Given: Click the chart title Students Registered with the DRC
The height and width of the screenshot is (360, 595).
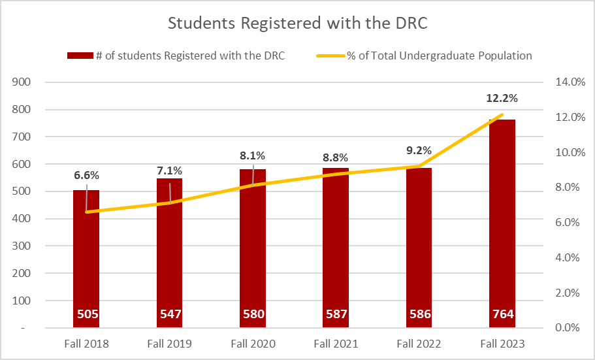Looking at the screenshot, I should coord(297,23).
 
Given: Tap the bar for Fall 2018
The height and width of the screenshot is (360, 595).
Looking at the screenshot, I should coord(86,261).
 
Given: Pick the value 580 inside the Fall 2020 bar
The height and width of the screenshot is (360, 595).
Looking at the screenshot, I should coord(252,314).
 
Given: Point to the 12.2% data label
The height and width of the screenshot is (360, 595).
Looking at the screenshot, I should coord(502,99).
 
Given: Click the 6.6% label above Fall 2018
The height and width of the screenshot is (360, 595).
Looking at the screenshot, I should coord(86,175).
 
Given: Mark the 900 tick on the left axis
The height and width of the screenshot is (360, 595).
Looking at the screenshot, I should coord(24,82).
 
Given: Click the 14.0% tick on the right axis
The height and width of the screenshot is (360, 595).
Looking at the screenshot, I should coord(567,82).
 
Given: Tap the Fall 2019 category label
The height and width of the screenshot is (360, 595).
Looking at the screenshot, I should coord(169,344).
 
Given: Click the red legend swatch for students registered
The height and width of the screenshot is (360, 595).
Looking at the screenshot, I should coord(80,56).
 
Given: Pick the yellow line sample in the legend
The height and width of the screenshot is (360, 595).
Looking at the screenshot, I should coord(330,56).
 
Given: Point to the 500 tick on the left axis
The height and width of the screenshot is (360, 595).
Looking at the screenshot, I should coord(24,191).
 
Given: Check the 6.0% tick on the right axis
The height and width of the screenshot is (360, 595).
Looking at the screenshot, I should coord(567,223).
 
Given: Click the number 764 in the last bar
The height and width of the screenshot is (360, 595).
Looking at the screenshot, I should coord(502,314).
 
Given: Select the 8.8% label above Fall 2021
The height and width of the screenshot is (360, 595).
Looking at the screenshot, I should coord(335,157).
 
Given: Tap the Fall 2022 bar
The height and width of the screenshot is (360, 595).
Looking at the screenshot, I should coord(419,261).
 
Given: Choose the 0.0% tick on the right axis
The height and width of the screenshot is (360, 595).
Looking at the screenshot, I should coord(567,328).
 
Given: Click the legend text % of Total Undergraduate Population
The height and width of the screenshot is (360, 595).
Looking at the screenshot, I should coord(440,56).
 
